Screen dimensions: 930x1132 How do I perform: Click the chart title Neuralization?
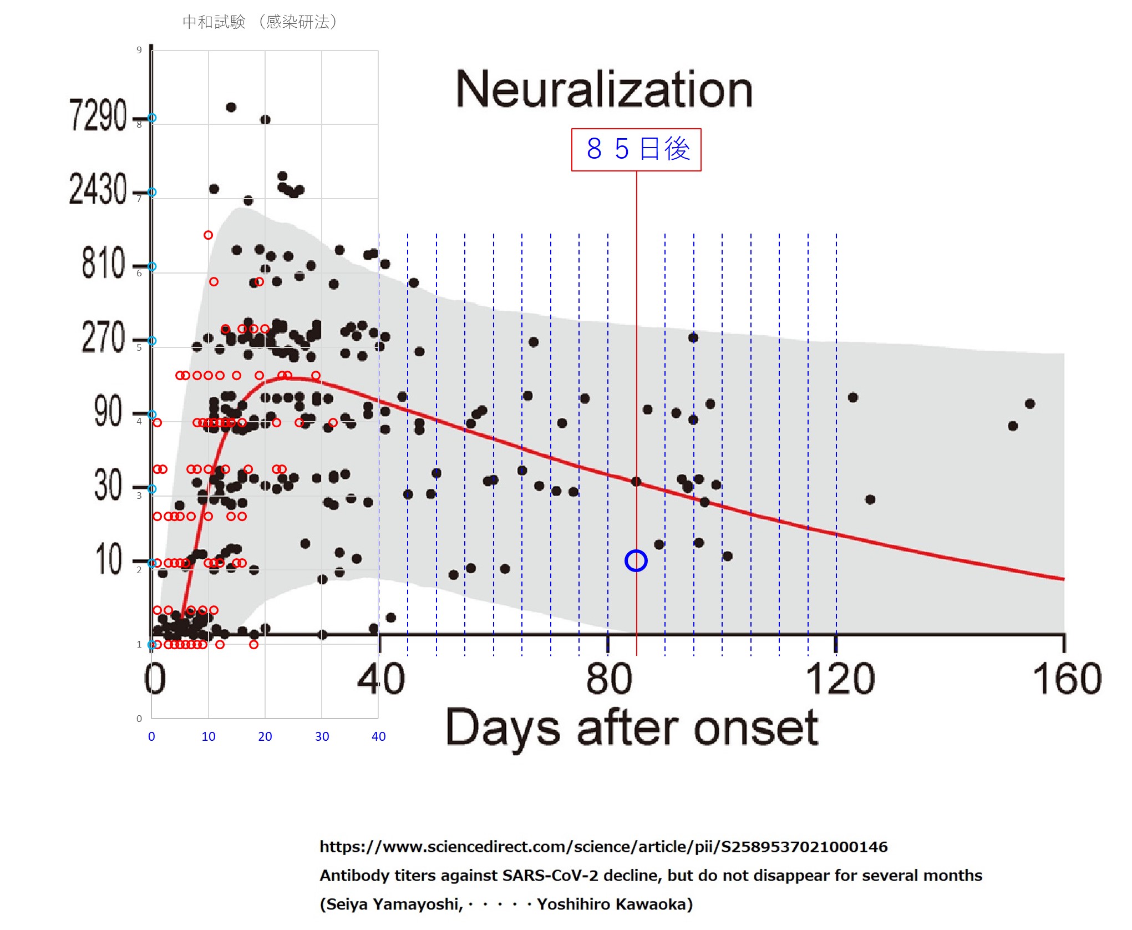[603, 89]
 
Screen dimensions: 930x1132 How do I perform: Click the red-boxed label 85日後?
[636, 150]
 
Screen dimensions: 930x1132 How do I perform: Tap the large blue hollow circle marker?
[636, 560]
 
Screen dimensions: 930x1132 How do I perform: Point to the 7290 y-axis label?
[98, 115]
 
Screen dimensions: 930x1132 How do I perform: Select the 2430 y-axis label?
[98, 189]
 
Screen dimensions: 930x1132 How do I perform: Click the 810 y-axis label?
[103, 263]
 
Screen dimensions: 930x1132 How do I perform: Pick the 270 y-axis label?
[103, 337]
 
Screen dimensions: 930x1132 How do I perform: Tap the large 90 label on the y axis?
[108, 411]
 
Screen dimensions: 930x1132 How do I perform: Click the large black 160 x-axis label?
[1067, 679]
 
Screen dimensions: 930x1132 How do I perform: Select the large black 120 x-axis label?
[839, 679]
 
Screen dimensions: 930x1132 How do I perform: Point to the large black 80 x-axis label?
[608, 679]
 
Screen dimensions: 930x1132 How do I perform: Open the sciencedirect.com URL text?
[603, 847]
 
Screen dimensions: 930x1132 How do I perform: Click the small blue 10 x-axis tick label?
[209, 736]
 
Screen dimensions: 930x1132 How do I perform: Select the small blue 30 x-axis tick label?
[322, 736]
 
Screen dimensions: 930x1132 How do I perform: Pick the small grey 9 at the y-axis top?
[139, 50]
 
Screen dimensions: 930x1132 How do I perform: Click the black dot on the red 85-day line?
[636, 482]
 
